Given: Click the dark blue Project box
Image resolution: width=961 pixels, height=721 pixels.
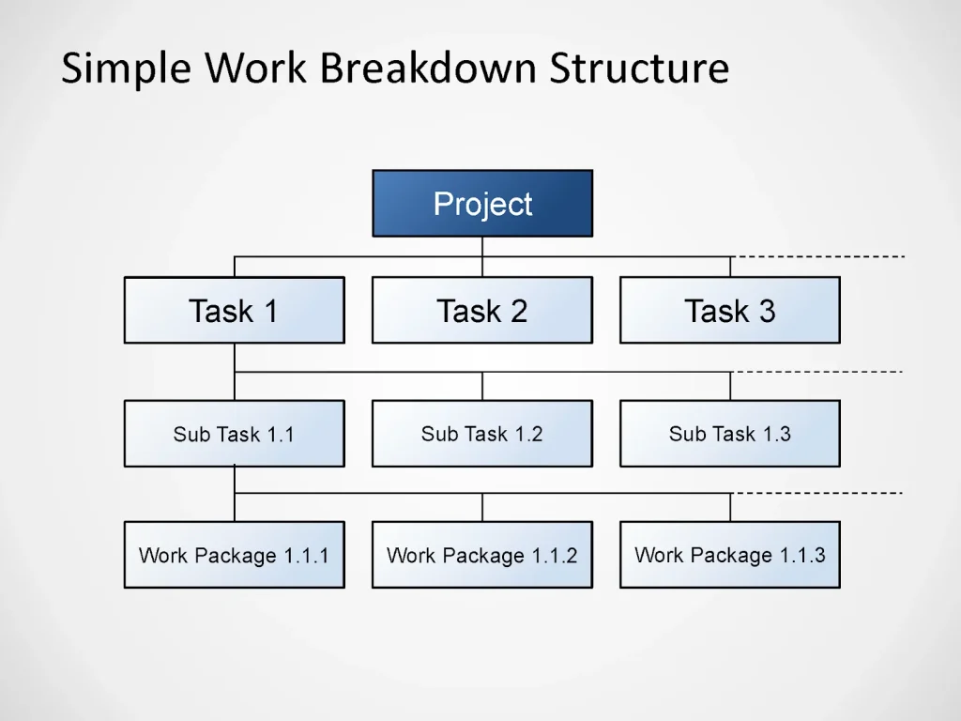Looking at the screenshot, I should tap(482, 203).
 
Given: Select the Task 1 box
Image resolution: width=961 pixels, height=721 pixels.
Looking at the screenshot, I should tap(234, 310).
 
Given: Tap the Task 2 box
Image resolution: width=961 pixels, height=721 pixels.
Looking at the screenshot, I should tap(482, 310).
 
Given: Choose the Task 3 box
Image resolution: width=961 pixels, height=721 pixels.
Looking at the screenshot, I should tap(730, 310).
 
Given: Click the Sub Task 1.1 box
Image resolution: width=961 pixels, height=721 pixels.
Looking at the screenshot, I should tap(234, 434).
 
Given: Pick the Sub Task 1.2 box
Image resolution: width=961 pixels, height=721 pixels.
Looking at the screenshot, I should tap(482, 434).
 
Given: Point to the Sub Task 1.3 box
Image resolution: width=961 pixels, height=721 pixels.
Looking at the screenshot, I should tap(730, 434).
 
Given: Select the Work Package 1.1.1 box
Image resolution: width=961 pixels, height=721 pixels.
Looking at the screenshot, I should tap(234, 555).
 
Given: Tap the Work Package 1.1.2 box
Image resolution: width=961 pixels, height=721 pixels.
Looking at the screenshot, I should tap(482, 555).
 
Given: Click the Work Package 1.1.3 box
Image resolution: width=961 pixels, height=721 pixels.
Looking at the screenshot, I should tap(730, 555).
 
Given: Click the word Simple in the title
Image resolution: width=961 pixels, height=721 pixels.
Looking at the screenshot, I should tap(128, 70).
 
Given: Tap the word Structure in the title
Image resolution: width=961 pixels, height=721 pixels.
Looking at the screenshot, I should tap(639, 69).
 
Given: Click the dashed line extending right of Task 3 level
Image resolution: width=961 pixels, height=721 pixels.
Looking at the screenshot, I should tap(816, 256).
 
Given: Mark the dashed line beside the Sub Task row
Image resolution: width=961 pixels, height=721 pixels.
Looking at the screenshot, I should tap(816, 372).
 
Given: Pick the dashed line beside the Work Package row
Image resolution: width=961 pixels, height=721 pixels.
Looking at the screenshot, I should tap(816, 493).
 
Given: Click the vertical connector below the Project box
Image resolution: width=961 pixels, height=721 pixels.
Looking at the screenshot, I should tap(482, 246).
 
